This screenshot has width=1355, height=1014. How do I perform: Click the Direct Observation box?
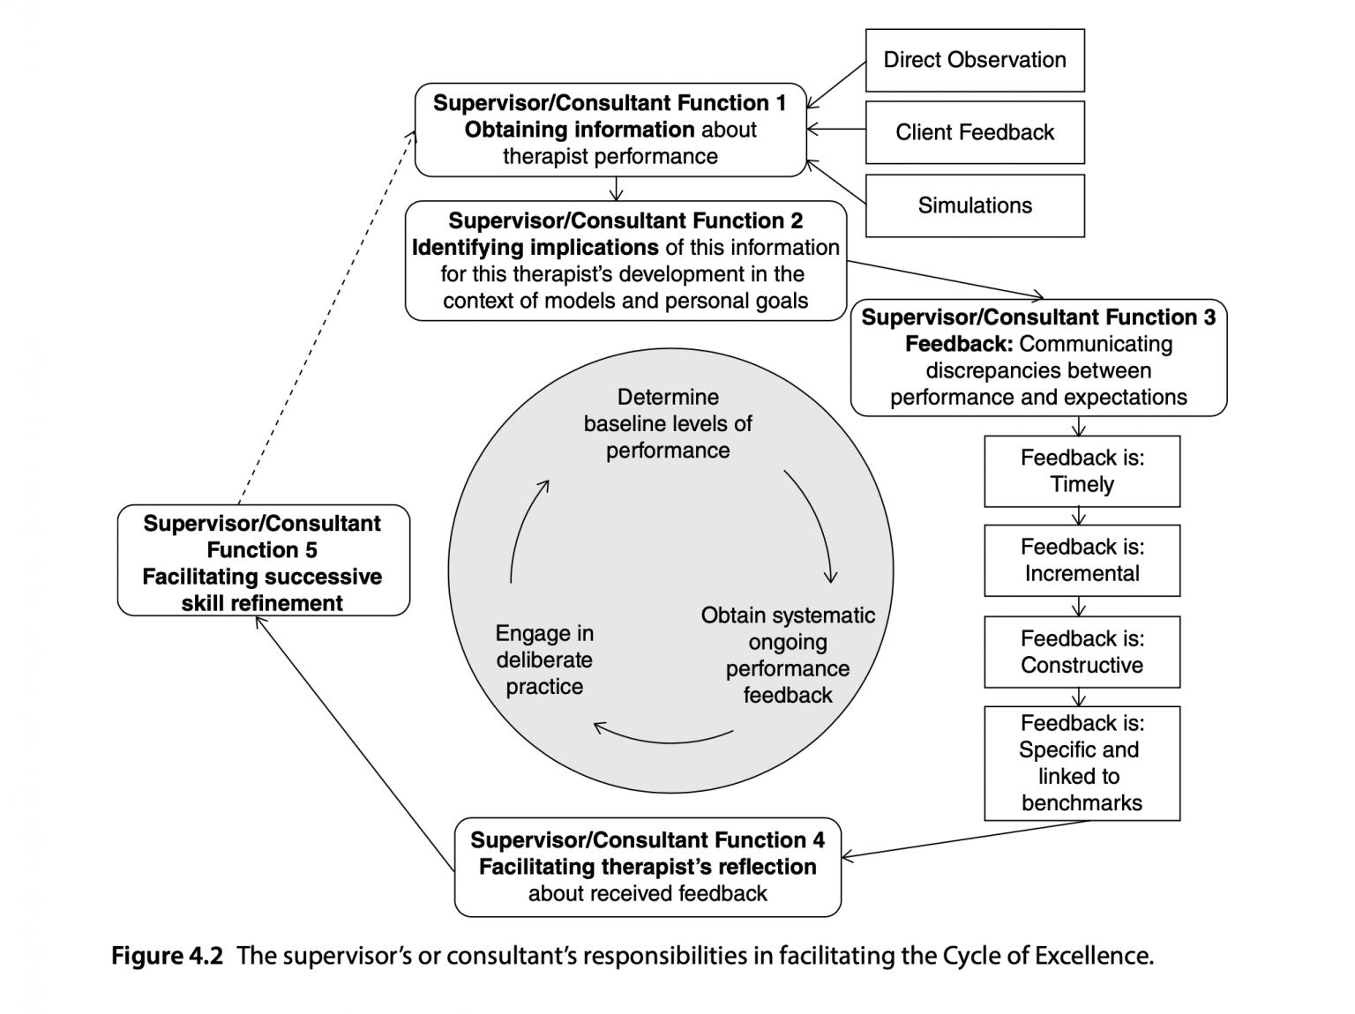coord(974,60)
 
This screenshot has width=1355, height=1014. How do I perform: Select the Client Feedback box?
coord(974,132)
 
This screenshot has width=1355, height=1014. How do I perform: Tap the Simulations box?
coord(974,205)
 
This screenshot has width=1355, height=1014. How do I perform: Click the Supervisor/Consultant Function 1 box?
coord(610,130)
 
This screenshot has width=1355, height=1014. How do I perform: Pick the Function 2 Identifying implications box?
coord(625,261)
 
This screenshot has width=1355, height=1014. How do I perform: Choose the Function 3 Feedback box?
coord(1038,357)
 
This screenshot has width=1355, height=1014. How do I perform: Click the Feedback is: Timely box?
coord(1082,471)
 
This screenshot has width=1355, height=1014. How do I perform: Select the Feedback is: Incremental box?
coord(1082,561)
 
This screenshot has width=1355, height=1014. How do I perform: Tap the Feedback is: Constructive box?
coord(1082,652)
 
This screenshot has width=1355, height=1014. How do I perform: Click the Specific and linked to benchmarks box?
coord(1082,763)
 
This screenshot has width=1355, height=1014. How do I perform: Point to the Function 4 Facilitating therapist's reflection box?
coord(648,867)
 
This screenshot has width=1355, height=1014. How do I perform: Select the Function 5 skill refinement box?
coord(263,561)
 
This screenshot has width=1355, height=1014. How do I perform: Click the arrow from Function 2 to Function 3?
coord(944,280)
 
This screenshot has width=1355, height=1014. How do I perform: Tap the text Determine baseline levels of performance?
coord(668,424)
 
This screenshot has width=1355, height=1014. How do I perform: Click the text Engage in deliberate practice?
coord(544,660)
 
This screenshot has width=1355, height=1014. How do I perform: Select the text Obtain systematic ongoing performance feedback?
coord(788,655)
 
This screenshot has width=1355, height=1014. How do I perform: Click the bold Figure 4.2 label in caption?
coord(167,956)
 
